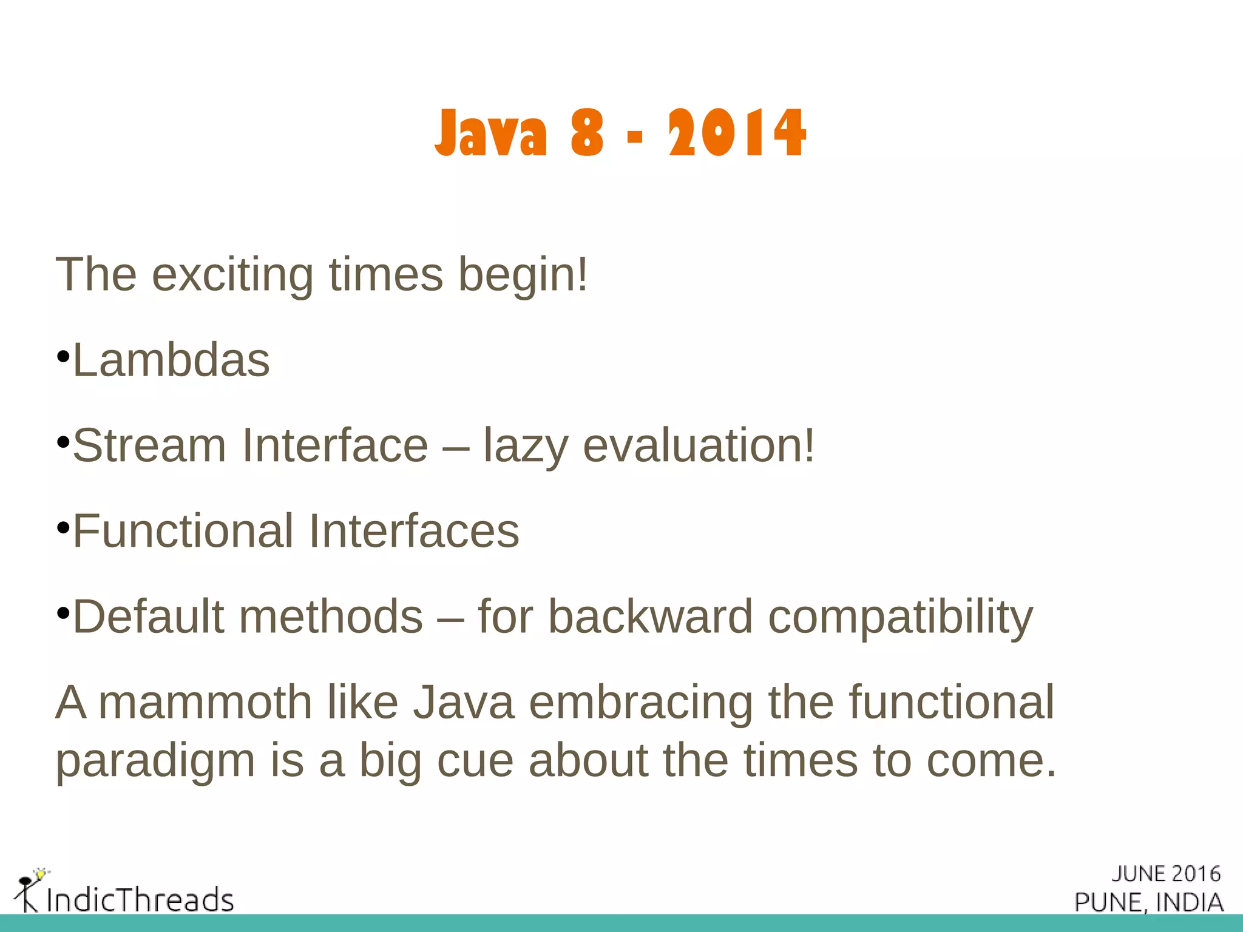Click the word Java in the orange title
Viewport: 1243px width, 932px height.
[x=491, y=133]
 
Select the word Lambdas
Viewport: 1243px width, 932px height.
[x=171, y=360]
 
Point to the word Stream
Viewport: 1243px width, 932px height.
[x=149, y=446]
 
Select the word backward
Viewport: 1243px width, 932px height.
[x=650, y=617]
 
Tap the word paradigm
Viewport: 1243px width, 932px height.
[x=155, y=762]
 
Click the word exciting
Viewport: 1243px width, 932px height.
[x=232, y=275]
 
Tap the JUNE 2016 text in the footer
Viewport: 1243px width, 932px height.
[x=1165, y=874]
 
